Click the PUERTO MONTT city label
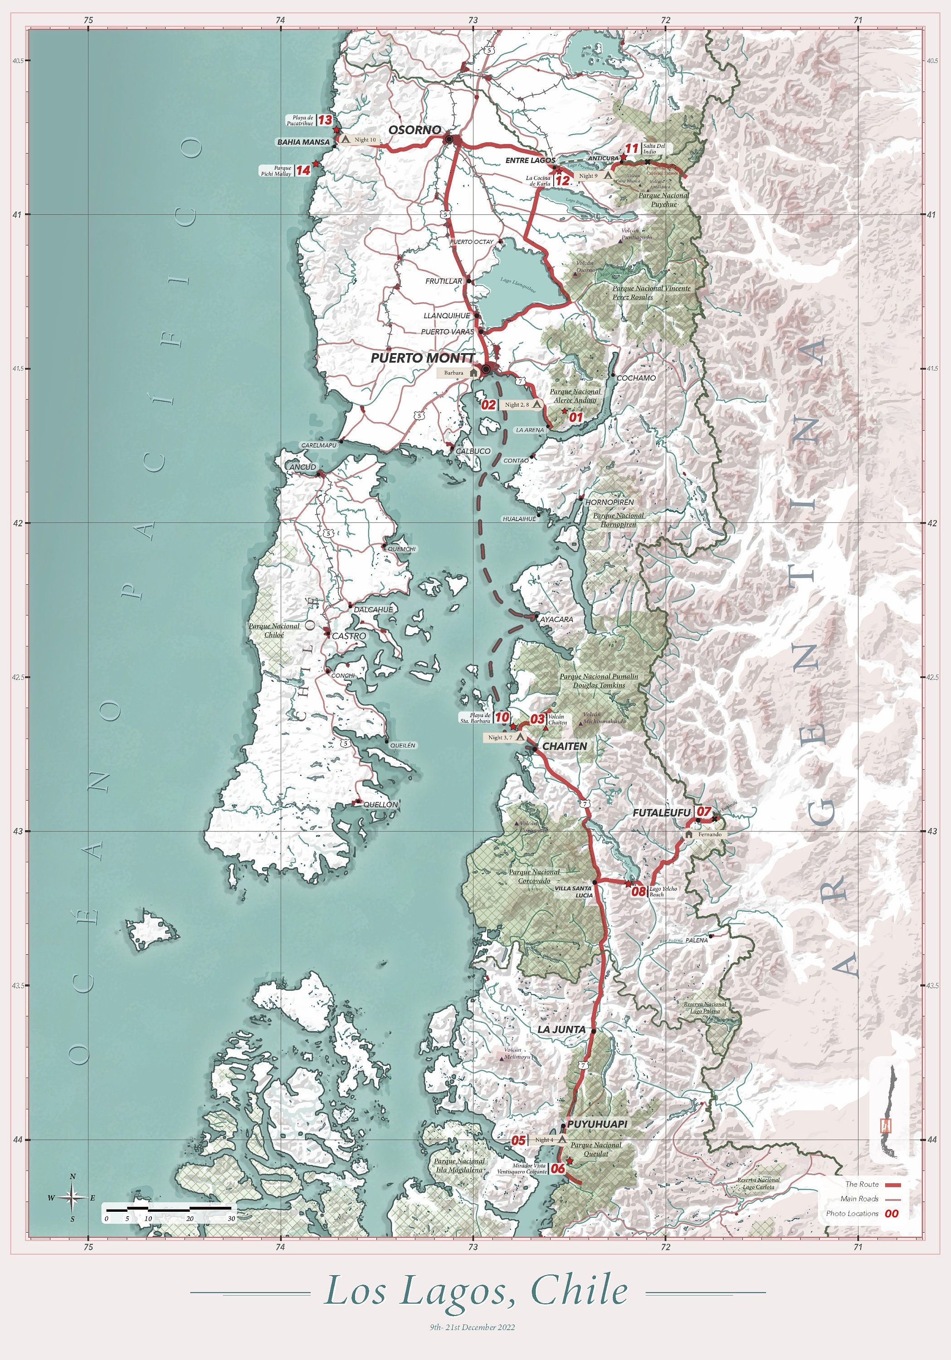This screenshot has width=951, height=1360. [422, 358]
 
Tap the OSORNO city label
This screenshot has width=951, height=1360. [414, 130]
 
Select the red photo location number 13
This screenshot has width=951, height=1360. [325, 120]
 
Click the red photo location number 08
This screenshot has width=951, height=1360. [638, 891]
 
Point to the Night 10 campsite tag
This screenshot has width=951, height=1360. [359, 140]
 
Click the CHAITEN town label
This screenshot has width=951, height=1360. [564, 746]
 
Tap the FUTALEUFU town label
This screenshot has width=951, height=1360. [661, 813]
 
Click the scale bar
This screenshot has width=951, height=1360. [169, 1207]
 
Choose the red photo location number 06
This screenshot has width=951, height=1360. [557, 1169]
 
